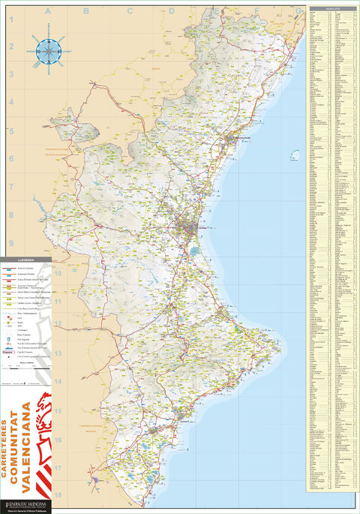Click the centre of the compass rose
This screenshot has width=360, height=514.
49,51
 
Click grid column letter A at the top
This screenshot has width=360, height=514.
46,11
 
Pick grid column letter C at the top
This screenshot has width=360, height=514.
129,11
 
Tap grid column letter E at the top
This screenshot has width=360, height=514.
214,11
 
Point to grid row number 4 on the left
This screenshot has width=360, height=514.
11,102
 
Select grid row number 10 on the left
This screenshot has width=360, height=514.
11,271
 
